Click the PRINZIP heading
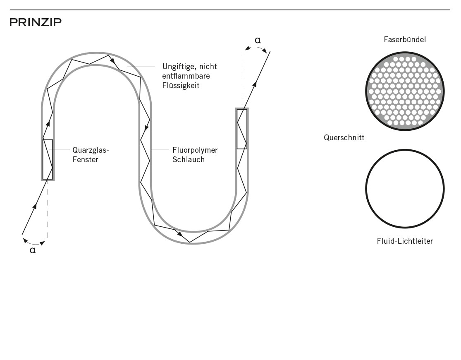36,22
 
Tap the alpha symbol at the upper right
258,40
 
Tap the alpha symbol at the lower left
33,250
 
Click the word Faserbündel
404,39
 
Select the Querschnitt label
344,137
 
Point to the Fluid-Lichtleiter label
405,241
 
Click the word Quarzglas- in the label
91,150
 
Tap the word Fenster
85,160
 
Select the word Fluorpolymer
195,150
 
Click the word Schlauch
189,160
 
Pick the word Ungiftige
179,67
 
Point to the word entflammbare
186,76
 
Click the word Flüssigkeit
181,85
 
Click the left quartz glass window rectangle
43,159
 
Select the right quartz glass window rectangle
237,129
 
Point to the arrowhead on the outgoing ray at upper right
255,84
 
